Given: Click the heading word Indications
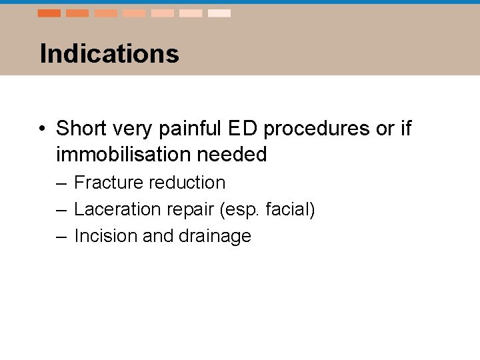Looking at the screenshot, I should (109, 54).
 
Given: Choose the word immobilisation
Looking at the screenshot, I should (125, 155).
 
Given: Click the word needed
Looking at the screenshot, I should (233, 155).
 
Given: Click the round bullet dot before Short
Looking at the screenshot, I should (42, 129).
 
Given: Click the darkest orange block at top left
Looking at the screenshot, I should (49, 13).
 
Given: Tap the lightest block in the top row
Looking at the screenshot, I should (219, 13).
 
